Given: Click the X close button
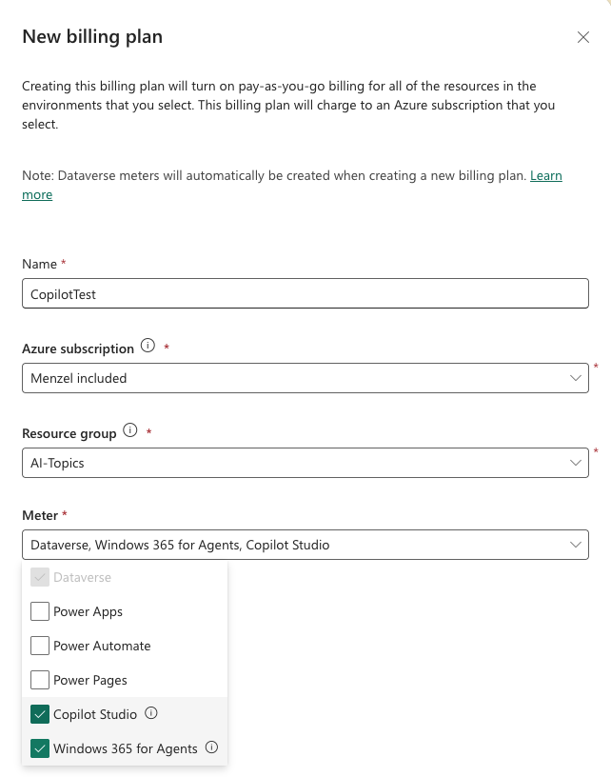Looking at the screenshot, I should pos(583,37).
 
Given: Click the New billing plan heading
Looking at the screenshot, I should pos(92,37).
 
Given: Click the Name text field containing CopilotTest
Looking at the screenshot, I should pos(305,294).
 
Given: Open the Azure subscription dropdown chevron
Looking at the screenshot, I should pos(575,378).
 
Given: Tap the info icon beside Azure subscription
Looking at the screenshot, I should pos(148,347).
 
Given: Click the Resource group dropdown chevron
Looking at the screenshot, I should pos(575,463).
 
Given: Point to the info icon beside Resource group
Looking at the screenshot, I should pos(130,430).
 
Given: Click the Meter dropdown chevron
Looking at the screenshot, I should pos(575,545).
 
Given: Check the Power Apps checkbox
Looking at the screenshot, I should pos(40,611).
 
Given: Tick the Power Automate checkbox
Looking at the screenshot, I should pos(40,646).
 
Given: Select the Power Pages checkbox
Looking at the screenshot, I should pos(40,680).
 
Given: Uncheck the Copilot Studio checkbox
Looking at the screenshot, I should pos(40,714).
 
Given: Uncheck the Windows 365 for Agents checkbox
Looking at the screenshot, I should pos(40,748).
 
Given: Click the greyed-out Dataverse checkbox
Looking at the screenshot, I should pos(40,577).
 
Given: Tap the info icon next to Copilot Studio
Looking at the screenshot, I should pos(151,713).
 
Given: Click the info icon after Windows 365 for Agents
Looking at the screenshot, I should pos(212,747).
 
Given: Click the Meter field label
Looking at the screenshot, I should pos(40,515).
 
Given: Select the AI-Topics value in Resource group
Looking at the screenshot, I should pos(57,463).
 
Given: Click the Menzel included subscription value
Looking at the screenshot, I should pos(78,378).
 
